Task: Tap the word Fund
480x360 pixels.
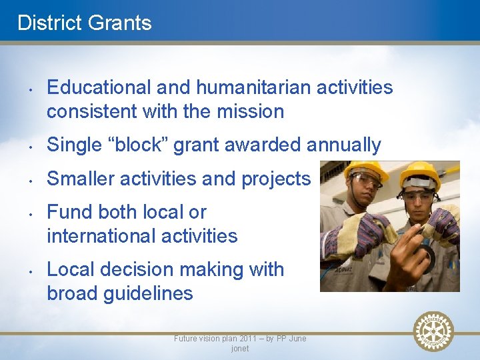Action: pyautogui.click(x=70, y=212)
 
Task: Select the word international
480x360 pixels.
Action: pyautogui.click(x=99, y=236)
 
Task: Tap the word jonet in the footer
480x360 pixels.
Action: pyautogui.click(x=240, y=349)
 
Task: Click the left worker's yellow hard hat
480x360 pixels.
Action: pyautogui.click(x=366, y=171)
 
